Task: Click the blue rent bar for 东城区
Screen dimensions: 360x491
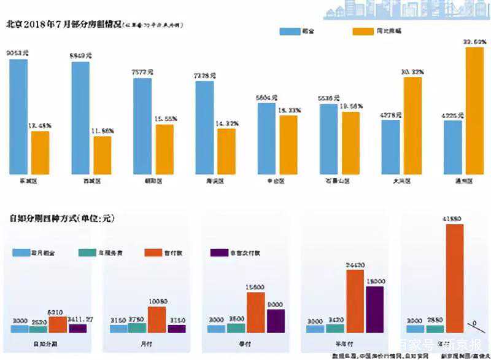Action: (19, 116)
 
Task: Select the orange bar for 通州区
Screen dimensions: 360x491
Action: (474, 110)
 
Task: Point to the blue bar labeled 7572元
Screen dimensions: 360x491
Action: (143, 125)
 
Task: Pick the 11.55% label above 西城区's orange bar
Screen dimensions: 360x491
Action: (102, 131)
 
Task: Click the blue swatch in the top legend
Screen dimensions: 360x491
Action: (289, 31)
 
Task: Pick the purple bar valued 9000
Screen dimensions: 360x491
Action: (276, 321)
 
